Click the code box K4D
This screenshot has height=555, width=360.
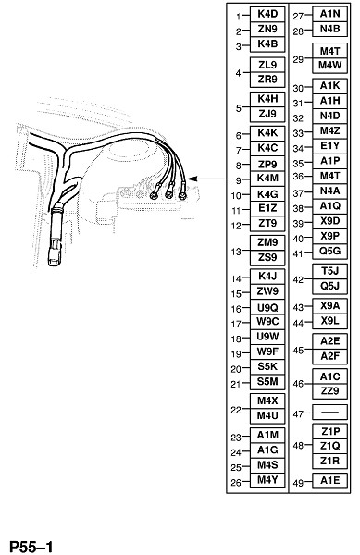click(x=267, y=14)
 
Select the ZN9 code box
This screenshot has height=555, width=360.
click(x=267, y=30)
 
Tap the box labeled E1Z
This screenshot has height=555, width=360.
click(x=267, y=208)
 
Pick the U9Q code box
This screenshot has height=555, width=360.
click(x=267, y=307)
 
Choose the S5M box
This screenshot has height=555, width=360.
click(x=267, y=382)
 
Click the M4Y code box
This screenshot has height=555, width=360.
click(x=267, y=480)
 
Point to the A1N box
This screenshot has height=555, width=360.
click(x=329, y=14)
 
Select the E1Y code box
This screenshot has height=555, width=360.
click(x=329, y=146)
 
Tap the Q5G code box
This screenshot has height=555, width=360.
click(x=329, y=252)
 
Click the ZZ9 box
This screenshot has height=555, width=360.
click(x=329, y=391)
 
